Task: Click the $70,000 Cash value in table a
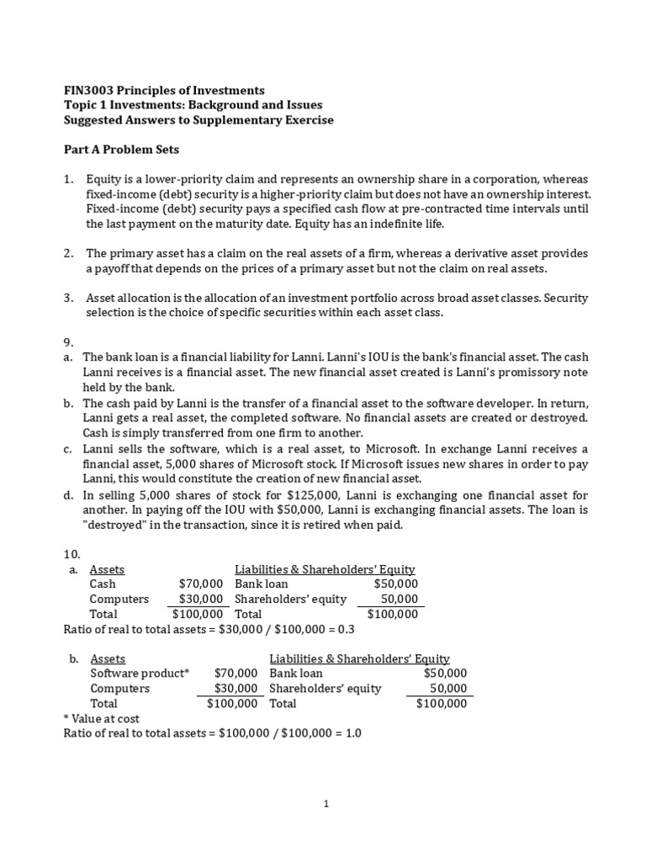[201, 584]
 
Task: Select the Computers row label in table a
[119, 599]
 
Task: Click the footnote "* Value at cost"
[102, 718]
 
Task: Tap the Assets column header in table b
[108, 658]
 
